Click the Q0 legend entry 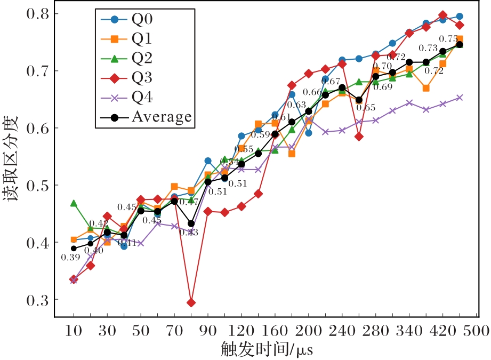141,20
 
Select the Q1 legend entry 141,39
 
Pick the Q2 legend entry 141,58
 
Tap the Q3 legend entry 141,78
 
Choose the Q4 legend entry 141,97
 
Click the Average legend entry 160,117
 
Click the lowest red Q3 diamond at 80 191,303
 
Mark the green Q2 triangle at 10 74,203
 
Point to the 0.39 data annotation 70,258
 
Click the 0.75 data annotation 448,39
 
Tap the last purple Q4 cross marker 460,98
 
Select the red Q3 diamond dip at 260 359,137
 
